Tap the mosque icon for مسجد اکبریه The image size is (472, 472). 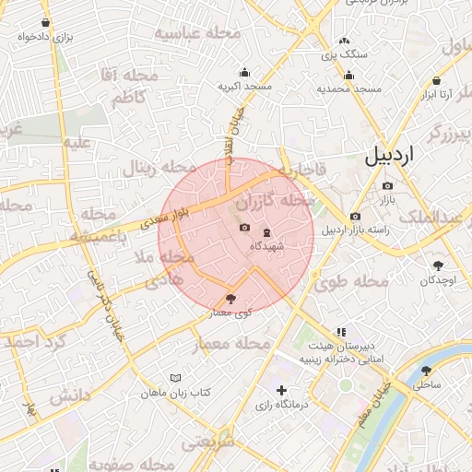(244, 73)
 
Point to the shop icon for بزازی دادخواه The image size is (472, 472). (46, 23)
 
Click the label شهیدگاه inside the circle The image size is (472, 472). (267, 246)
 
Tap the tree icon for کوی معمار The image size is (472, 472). (230, 299)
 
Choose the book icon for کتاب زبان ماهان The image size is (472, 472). (176, 378)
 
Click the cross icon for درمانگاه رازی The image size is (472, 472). (281, 391)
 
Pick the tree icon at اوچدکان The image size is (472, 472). (437, 265)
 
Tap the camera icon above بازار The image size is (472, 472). (387, 185)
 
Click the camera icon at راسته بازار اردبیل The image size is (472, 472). (355, 217)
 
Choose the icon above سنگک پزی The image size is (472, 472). (345, 41)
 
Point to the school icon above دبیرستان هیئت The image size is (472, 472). (341, 331)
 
